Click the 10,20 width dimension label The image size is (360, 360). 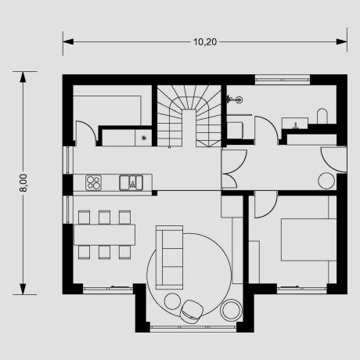point(205,42)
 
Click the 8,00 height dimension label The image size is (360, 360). point(23,183)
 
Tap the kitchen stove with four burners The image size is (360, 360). point(93,182)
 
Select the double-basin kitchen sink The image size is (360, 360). point(131,182)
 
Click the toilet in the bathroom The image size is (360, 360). point(322,116)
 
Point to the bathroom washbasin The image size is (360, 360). point(295,123)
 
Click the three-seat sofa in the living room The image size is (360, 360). point(169,257)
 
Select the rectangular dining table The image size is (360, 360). point(104,235)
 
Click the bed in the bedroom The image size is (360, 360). point(308,239)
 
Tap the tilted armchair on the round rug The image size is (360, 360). point(192,311)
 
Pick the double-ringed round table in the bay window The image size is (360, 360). point(231,310)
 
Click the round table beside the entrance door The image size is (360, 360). point(326,181)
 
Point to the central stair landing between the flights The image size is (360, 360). point(189,128)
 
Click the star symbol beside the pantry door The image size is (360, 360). point(144,138)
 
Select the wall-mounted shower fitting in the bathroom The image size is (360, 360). point(234,99)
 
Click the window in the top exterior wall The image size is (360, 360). point(283,79)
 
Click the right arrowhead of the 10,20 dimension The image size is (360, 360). point(342,41)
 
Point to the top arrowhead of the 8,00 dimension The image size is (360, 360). point(23,77)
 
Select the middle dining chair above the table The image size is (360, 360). point(104,218)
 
